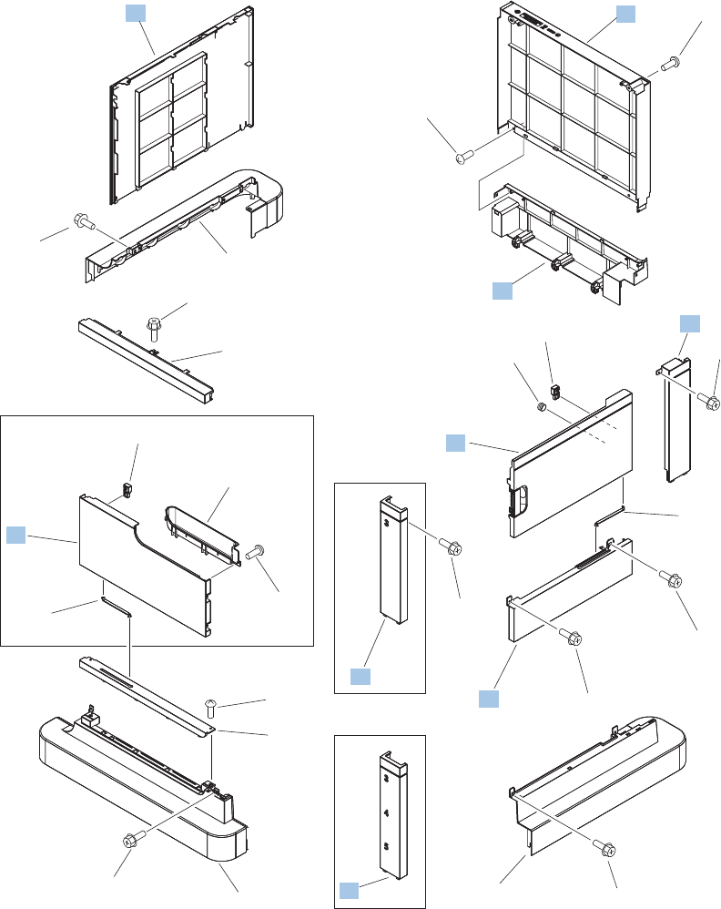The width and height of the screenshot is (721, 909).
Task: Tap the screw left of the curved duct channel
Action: (x=80, y=220)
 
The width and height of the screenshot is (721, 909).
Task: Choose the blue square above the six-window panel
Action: (x=134, y=12)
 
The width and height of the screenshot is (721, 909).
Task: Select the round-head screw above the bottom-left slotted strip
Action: (x=210, y=705)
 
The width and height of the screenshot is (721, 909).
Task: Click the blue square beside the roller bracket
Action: (x=503, y=291)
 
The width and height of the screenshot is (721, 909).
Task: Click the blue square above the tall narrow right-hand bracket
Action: (x=691, y=323)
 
